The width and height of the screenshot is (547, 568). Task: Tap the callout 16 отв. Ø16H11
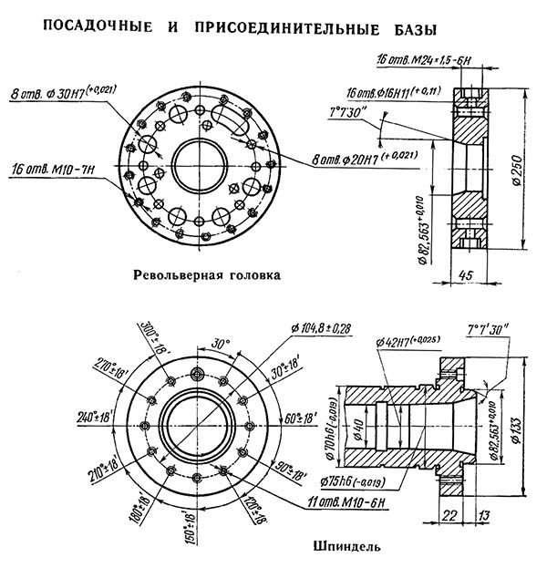coord(424,93)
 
